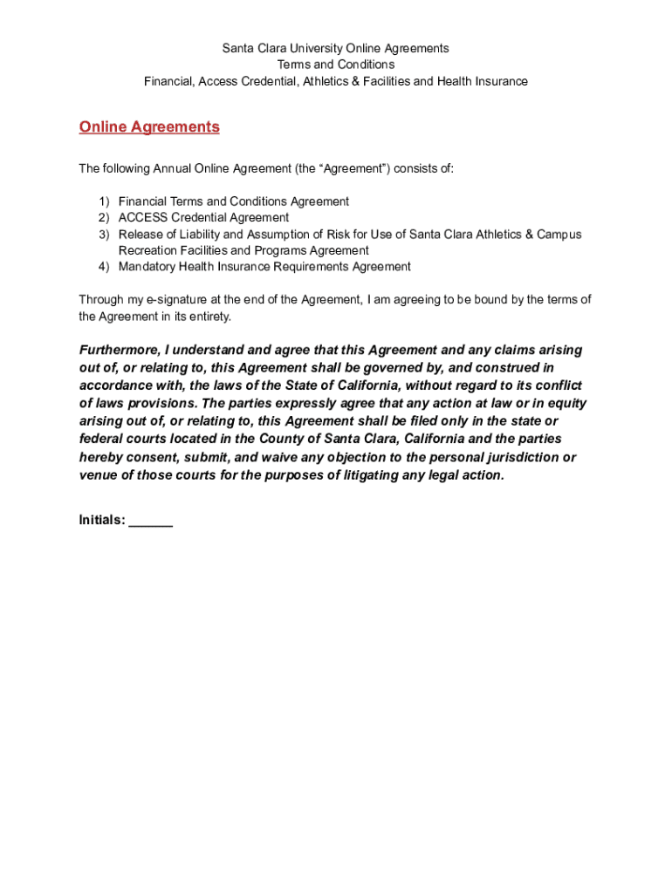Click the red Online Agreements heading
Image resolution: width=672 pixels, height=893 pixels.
click(149, 127)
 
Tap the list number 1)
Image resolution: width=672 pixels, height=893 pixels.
click(104, 201)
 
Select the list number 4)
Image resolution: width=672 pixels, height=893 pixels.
click(104, 267)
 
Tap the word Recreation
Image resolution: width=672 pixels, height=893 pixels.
click(149, 251)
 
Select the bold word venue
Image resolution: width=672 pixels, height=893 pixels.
click(98, 475)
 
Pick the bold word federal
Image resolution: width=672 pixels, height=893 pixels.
click(101, 440)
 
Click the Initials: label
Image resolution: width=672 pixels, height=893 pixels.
click(102, 521)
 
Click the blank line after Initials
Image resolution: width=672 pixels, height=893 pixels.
click(151, 522)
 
